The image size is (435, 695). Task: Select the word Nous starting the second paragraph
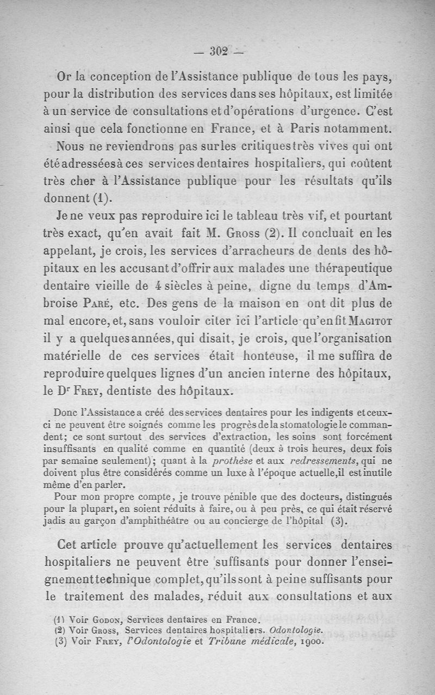71,147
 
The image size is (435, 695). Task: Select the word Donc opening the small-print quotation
67,413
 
